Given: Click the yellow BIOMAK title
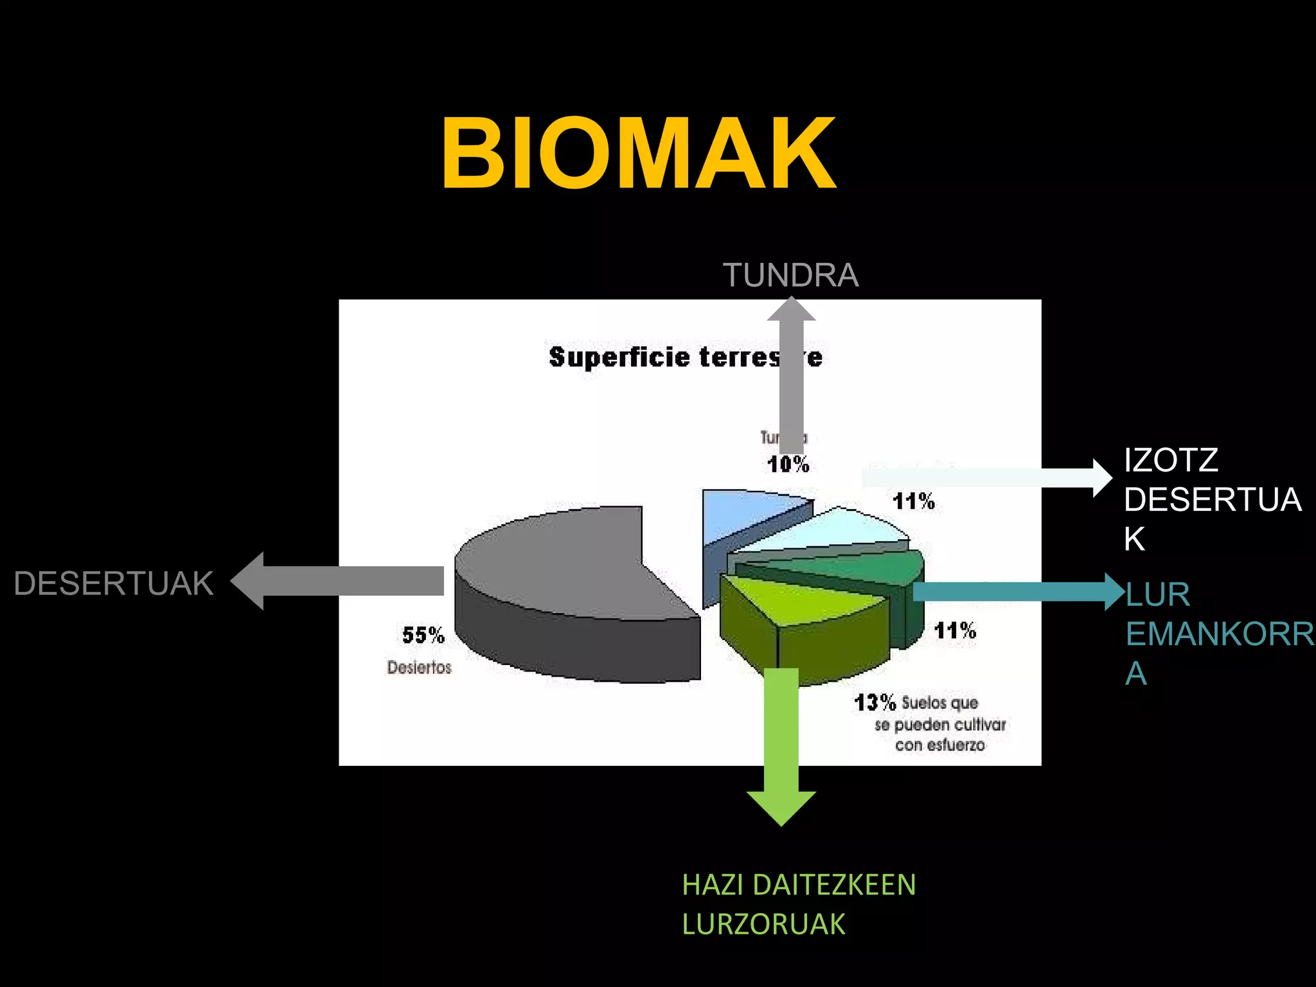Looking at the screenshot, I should [639, 154].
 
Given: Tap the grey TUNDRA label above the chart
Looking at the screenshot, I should [790, 275].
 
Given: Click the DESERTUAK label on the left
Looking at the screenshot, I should [113, 583].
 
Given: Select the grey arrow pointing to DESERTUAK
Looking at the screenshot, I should [341, 581].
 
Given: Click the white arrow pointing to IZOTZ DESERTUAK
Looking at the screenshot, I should [983, 477].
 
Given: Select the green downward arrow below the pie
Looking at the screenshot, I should [781, 745].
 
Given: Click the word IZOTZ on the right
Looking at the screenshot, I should [1171, 460].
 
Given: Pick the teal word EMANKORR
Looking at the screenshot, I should [1220, 634].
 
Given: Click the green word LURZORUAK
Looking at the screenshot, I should [763, 924].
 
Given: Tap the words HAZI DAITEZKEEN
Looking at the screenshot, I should [799, 885].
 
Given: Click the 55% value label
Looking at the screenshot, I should [423, 636].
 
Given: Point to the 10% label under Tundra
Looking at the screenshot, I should [788, 464].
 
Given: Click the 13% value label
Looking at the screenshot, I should [875, 702].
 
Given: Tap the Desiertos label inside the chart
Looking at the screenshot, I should [419, 668].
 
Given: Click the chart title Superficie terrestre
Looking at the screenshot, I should [685, 357].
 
